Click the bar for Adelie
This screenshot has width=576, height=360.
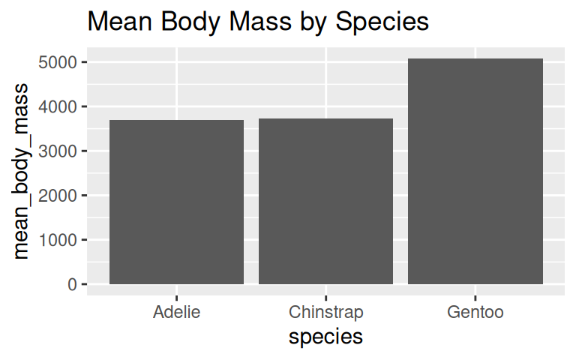pos(176,202)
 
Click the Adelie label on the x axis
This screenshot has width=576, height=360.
pos(176,312)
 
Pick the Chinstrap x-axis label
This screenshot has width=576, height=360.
pos(325,312)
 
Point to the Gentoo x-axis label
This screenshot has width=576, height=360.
pos(475,312)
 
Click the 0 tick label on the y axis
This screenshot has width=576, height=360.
pos(71,285)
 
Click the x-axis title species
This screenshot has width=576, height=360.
pos(325,337)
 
